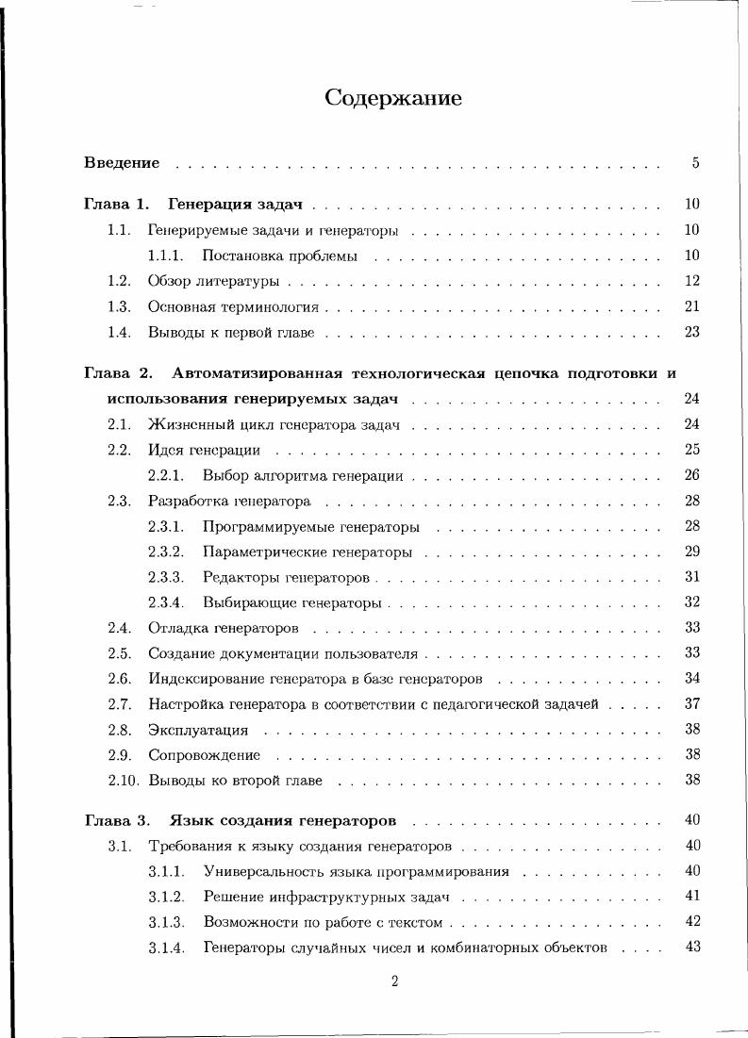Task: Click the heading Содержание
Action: [x=393, y=98]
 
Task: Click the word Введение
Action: [x=122, y=163]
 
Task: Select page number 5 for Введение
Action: [x=695, y=163]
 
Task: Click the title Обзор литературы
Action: [x=213, y=281]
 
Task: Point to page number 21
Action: [x=692, y=306]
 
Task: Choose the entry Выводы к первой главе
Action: [x=231, y=332]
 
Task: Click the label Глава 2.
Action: [x=118, y=373]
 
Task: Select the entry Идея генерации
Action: [x=204, y=450]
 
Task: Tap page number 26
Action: [x=692, y=475]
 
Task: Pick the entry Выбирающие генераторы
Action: [x=291, y=602]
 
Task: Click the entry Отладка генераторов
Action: [x=224, y=628]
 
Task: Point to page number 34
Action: [x=692, y=679]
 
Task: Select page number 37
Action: [x=692, y=704]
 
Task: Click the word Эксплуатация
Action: [x=198, y=730]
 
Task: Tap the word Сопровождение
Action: [x=204, y=755]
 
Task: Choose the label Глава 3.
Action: [x=118, y=820]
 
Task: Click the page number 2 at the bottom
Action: [x=394, y=981]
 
